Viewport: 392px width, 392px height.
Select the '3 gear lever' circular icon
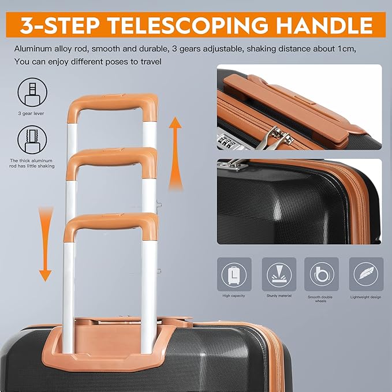click(x=32, y=92)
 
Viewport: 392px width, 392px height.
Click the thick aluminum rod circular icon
click(x=32, y=140)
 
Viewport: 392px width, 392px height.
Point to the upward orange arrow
click(x=176, y=153)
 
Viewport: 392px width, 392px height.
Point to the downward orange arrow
click(x=46, y=244)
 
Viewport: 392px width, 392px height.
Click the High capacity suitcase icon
click(x=234, y=274)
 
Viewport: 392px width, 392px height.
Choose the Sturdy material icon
click(x=279, y=274)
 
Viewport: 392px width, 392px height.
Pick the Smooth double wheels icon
click(x=322, y=274)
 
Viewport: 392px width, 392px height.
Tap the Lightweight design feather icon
click(x=366, y=274)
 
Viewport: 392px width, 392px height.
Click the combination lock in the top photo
click(x=226, y=141)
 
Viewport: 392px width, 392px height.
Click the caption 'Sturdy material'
click(x=279, y=296)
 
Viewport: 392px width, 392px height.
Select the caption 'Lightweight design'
click(x=365, y=297)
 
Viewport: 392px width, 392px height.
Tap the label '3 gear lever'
click(x=31, y=114)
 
